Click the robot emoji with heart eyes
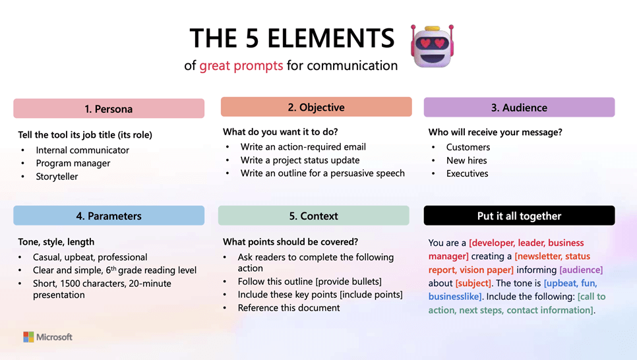[x=433, y=46]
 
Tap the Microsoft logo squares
[x=28, y=337]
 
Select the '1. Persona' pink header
[x=109, y=109]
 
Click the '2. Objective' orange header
[x=316, y=107]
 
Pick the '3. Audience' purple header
[x=519, y=107]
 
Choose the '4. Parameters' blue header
[x=109, y=216]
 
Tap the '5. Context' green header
[x=314, y=216]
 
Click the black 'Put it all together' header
[x=519, y=216]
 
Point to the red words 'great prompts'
[x=241, y=65]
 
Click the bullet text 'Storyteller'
[x=57, y=176]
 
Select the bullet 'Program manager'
[x=73, y=164]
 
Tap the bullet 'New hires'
[x=466, y=160]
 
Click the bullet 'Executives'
[x=467, y=173]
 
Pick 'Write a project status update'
[x=300, y=160]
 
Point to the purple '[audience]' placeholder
[x=581, y=270]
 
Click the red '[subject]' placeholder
[x=473, y=284]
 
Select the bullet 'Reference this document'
[x=289, y=308]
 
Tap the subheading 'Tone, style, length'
[x=56, y=242]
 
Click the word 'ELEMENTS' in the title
[x=330, y=38]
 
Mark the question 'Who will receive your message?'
[x=495, y=132]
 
